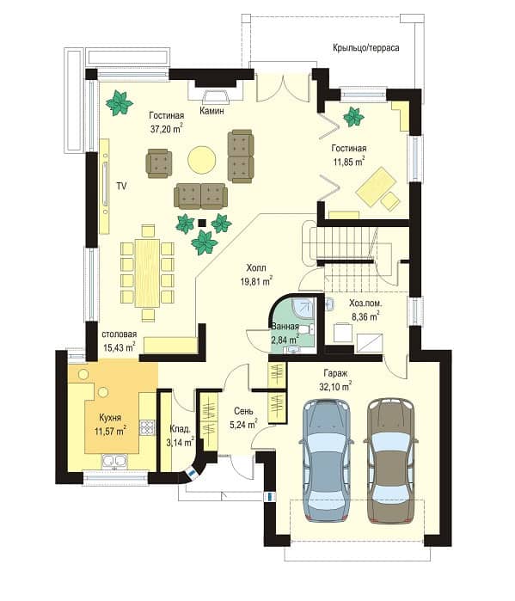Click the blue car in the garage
(x=326, y=460)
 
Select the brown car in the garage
(x=391, y=461)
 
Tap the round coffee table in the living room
(x=201, y=160)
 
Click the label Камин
(x=212, y=111)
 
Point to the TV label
(x=121, y=187)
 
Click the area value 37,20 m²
(x=166, y=129)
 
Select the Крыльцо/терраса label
(x=366, y=48)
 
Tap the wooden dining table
(x=147, y=273)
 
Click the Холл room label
(x=256, y=267)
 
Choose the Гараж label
(x=335, y=373)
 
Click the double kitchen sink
(x=114, y=461)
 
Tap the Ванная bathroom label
(x=285, y=327)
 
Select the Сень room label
(x=243, y=411)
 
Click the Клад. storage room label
(x=180, y=428)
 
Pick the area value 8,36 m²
(x=365, y=316)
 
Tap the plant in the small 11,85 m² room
(x=353, y=117)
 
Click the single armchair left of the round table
(x=159, y=163)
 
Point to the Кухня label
(x=110, y=417)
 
